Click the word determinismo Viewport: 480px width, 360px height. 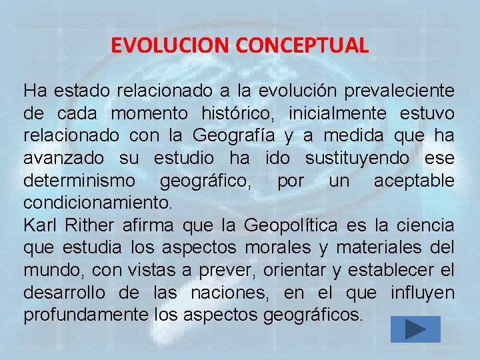pyautogui.click(x=79, y=181)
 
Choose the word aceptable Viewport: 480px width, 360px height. pyautogui.click(x=413, y=181)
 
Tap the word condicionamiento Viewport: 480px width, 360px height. pyautogui.click(x=97, y=201)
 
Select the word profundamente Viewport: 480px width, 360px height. pyautogui.click(x=79, y=315)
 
